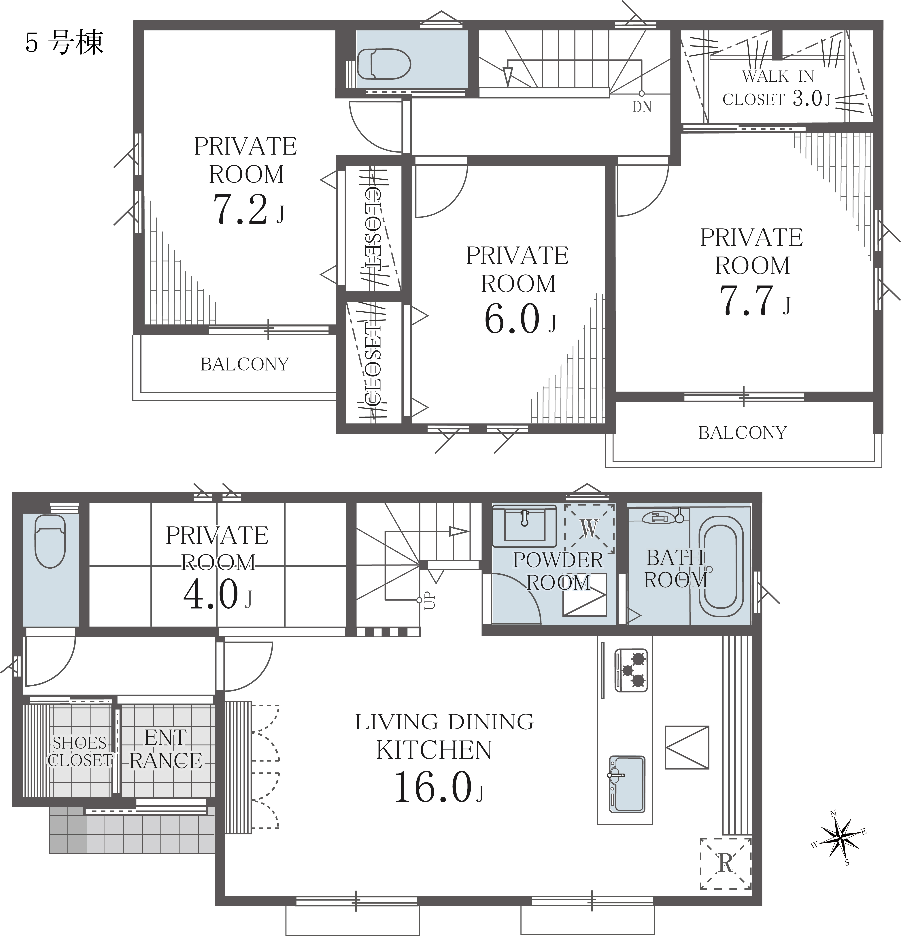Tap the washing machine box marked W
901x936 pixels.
[x=590, y=528]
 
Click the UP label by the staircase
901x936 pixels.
[x=430, y=600]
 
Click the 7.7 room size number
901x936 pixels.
[x=746, y=300]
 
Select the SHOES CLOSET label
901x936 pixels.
[x=80, y=751]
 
